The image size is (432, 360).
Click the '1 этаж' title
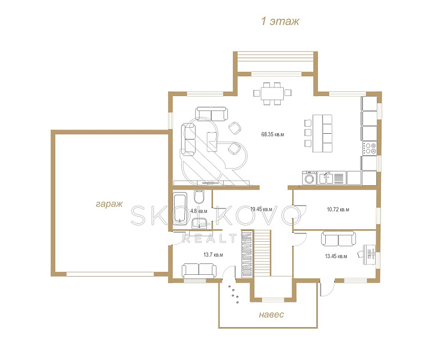(x=280, y=21)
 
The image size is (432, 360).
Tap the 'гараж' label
(x=109, y=204)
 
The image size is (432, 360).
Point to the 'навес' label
(x=271, y=314)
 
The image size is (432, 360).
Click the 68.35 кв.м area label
(x=272, y=134)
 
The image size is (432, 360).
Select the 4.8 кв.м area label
(x=199, y=211)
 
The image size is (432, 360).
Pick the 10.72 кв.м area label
(x=338, y=209)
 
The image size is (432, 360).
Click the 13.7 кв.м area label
(x=213, y=255)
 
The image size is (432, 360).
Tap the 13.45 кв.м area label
(x=336, y=256)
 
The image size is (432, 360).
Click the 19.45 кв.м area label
(x=261, y=209)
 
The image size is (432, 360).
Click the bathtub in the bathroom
(x=180, y=208)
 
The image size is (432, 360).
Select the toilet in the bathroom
(x=199, y=196)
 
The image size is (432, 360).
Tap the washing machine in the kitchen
(x=310, y=178)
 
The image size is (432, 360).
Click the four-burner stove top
(x=370, y=148)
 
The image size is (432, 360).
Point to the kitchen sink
(x=326, y=178)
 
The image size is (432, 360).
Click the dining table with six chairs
(x=272, y=94)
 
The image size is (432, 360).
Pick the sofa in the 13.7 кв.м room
(x=199, y=271)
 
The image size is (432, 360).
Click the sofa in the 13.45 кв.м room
(x=338, y=238)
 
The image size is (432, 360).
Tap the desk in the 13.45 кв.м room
(x=369, y=254)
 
